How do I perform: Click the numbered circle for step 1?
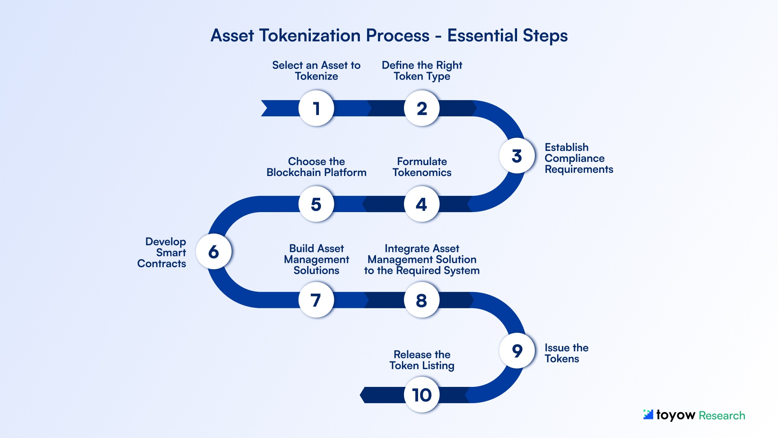316,108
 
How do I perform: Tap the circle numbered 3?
517,156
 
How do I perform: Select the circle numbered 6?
214,252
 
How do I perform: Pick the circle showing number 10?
422,395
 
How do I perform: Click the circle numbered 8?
422,300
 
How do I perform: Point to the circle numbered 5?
316,204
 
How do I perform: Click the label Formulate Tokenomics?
422,167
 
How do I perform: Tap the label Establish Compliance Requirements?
578,158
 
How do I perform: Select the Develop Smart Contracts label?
162,252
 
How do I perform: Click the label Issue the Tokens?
566,353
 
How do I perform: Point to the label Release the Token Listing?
422,360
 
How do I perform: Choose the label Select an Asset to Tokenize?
316,71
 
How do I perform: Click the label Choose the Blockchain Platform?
316,167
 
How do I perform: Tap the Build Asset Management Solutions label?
316,260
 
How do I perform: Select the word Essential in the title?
482,36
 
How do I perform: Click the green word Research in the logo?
722,416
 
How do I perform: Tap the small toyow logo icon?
648,414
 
